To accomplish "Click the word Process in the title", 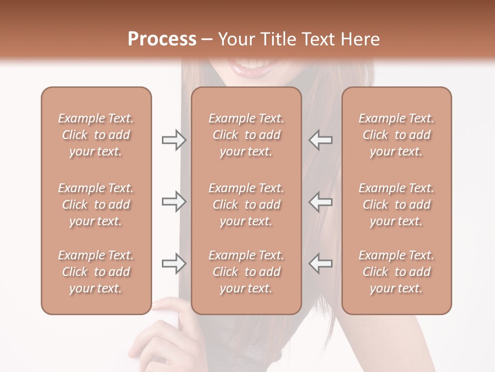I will (x=162, y=39).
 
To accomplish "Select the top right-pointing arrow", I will (x=174, y=140).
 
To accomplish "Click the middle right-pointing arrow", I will (x=174, y=202).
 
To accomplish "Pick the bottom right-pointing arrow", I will (x=174, y=263).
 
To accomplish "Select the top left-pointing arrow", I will (x=321, y=140).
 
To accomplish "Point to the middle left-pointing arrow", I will (x=321, y=202).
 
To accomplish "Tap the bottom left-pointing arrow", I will (x=321, y=263).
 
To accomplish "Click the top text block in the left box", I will (x=96, y=135).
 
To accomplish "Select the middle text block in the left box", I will (x=96, y=205).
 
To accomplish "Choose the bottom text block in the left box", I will (x=96, y=272).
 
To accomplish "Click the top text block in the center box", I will (x=246, y=135).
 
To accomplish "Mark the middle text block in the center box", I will (x=246, y=205).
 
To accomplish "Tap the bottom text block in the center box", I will (x=246, y=272).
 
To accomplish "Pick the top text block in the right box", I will (x=396, y=135).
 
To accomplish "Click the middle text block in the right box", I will (x=396, y=205).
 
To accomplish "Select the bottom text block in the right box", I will (x=396, y=272).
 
